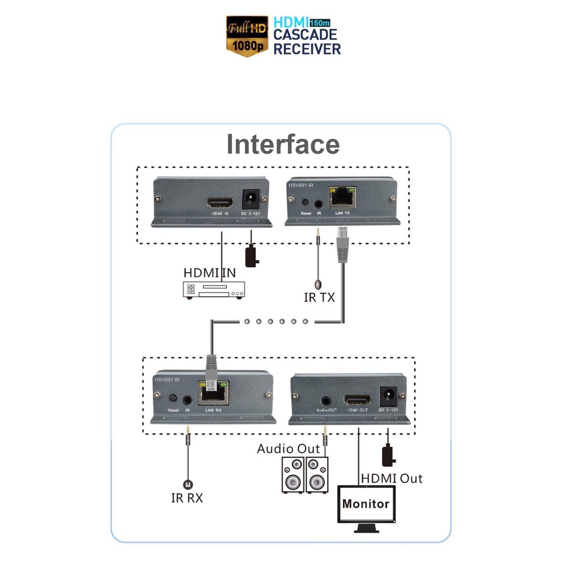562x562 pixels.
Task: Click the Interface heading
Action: [283, 144]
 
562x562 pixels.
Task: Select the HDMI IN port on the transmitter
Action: [216, 203]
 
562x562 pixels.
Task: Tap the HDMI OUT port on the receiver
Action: [357, 401]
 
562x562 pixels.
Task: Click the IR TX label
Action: [319, 297]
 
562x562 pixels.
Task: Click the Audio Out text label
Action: [288, 449]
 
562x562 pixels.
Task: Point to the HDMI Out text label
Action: [391, 478]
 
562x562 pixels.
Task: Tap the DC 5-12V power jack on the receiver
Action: [387, 397]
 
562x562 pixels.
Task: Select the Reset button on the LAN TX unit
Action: [306, 202]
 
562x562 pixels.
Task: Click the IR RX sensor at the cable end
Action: [188, 484]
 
